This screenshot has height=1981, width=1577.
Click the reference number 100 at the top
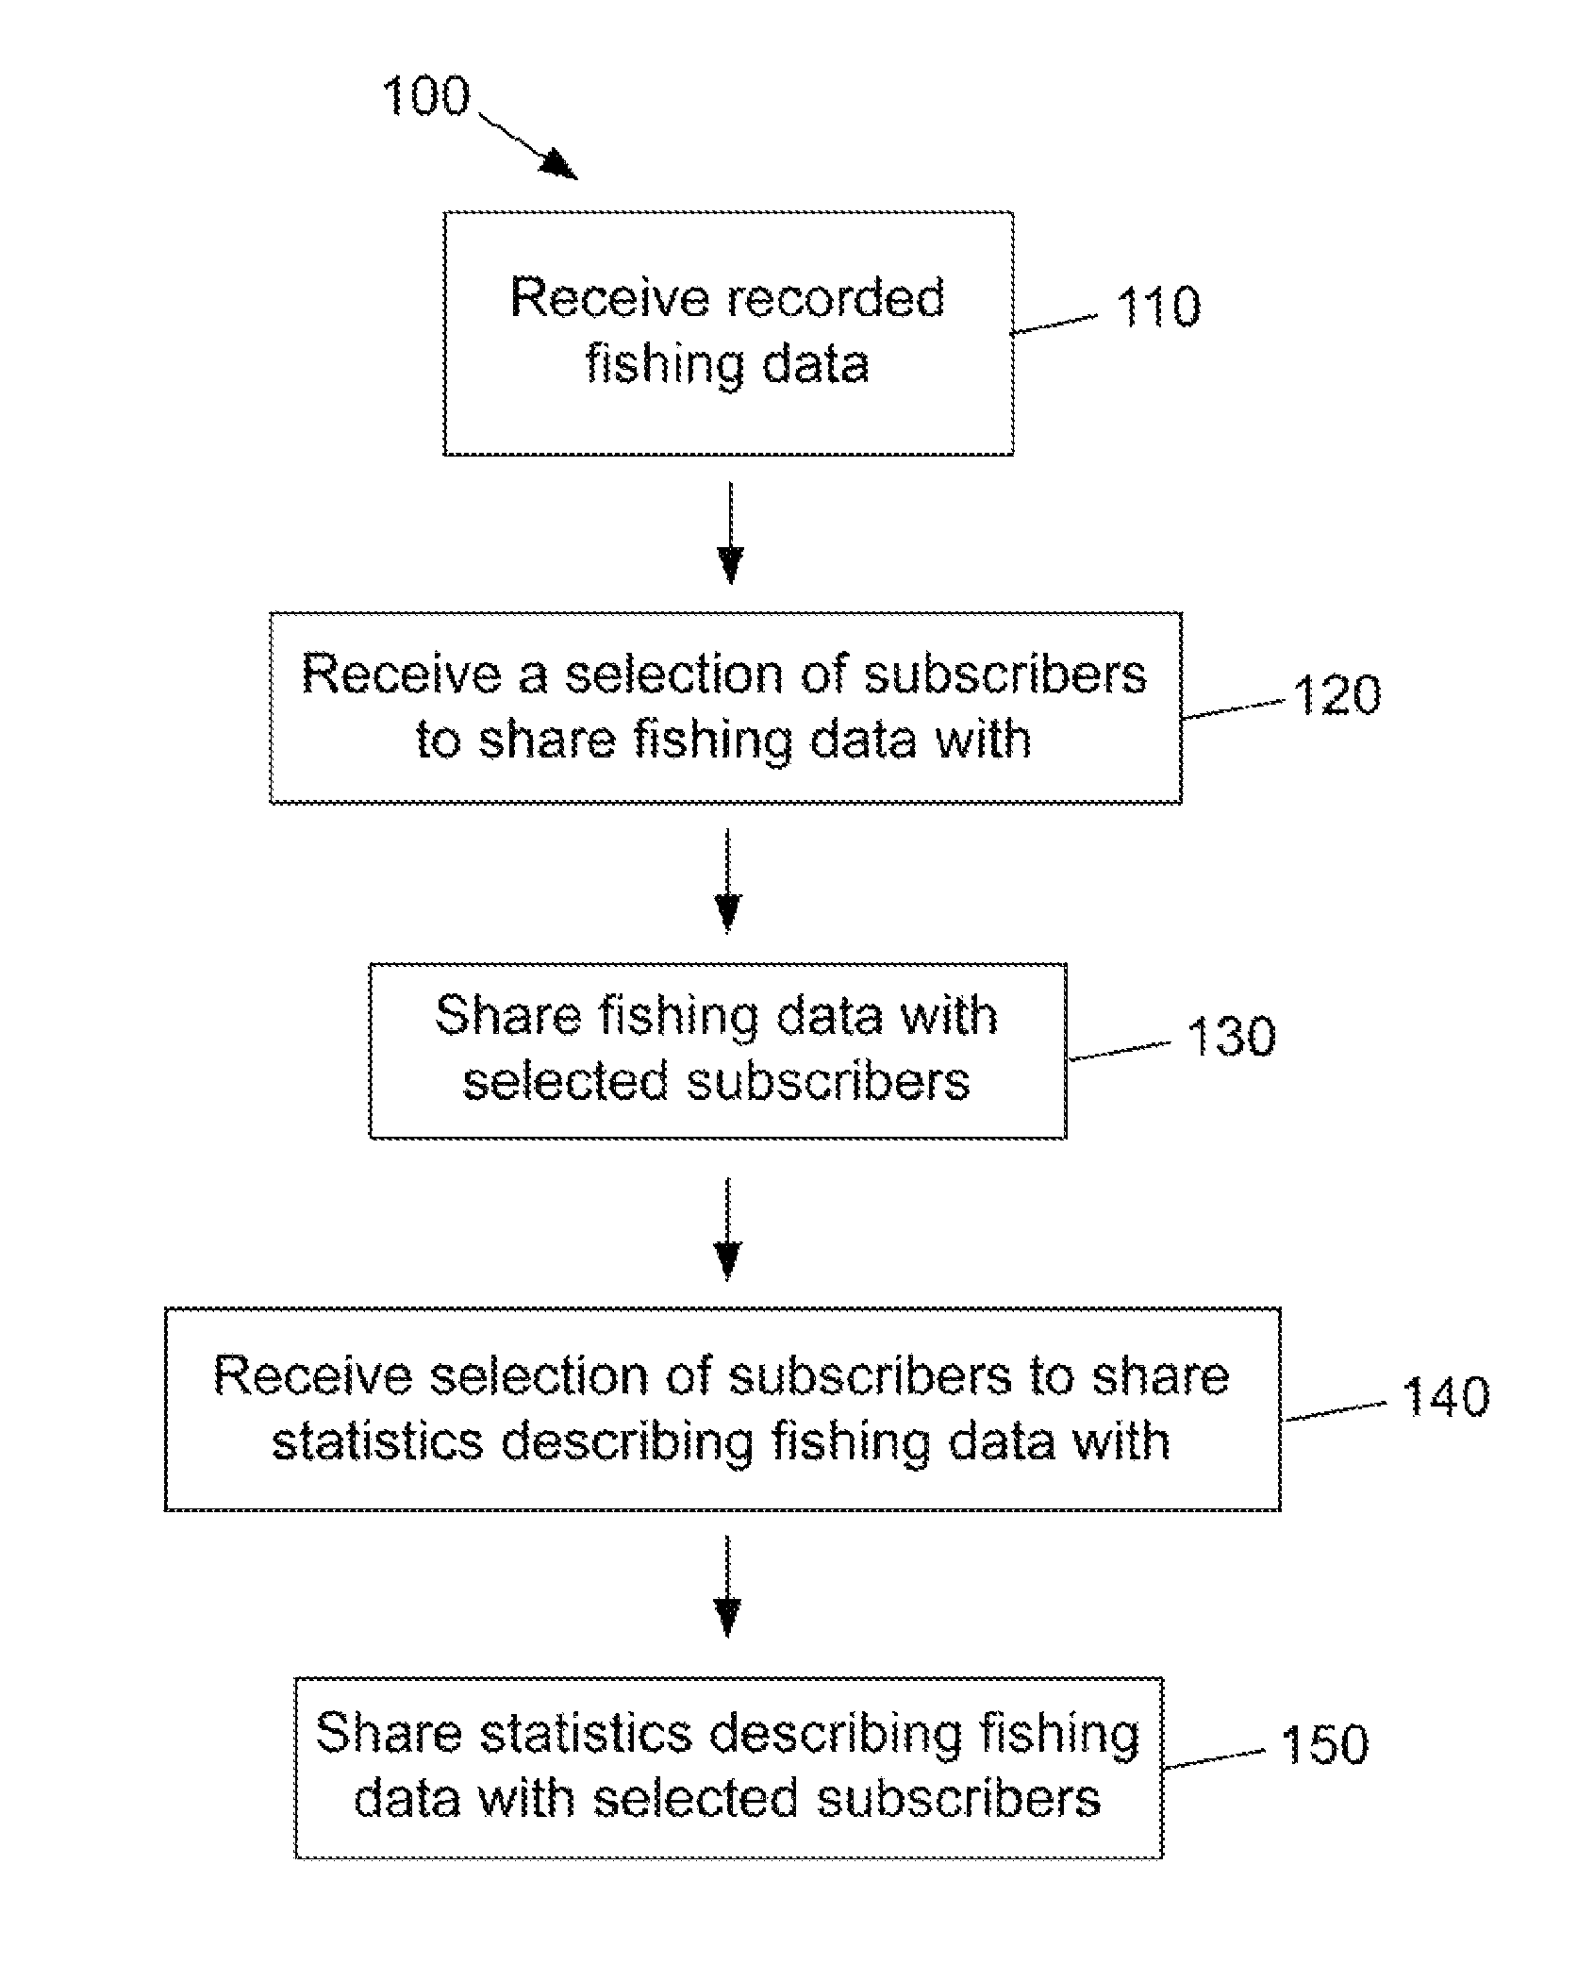[425, 96]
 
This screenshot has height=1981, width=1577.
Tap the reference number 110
[1158, 307]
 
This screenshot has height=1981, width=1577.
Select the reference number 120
[1336, 695]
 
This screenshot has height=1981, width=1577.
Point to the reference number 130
[1230, 1036]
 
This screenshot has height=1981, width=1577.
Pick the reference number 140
[1446, 1397]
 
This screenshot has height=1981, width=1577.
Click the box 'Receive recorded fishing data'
[728, 333]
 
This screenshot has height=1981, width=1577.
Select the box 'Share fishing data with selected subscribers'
[718, 1051]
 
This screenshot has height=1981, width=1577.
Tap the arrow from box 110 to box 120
[729, 533]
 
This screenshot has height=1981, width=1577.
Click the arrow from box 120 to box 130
[727, 880]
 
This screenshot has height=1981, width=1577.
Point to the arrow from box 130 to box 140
[727, 1228]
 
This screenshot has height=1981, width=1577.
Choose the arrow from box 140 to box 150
[726, 1587]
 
